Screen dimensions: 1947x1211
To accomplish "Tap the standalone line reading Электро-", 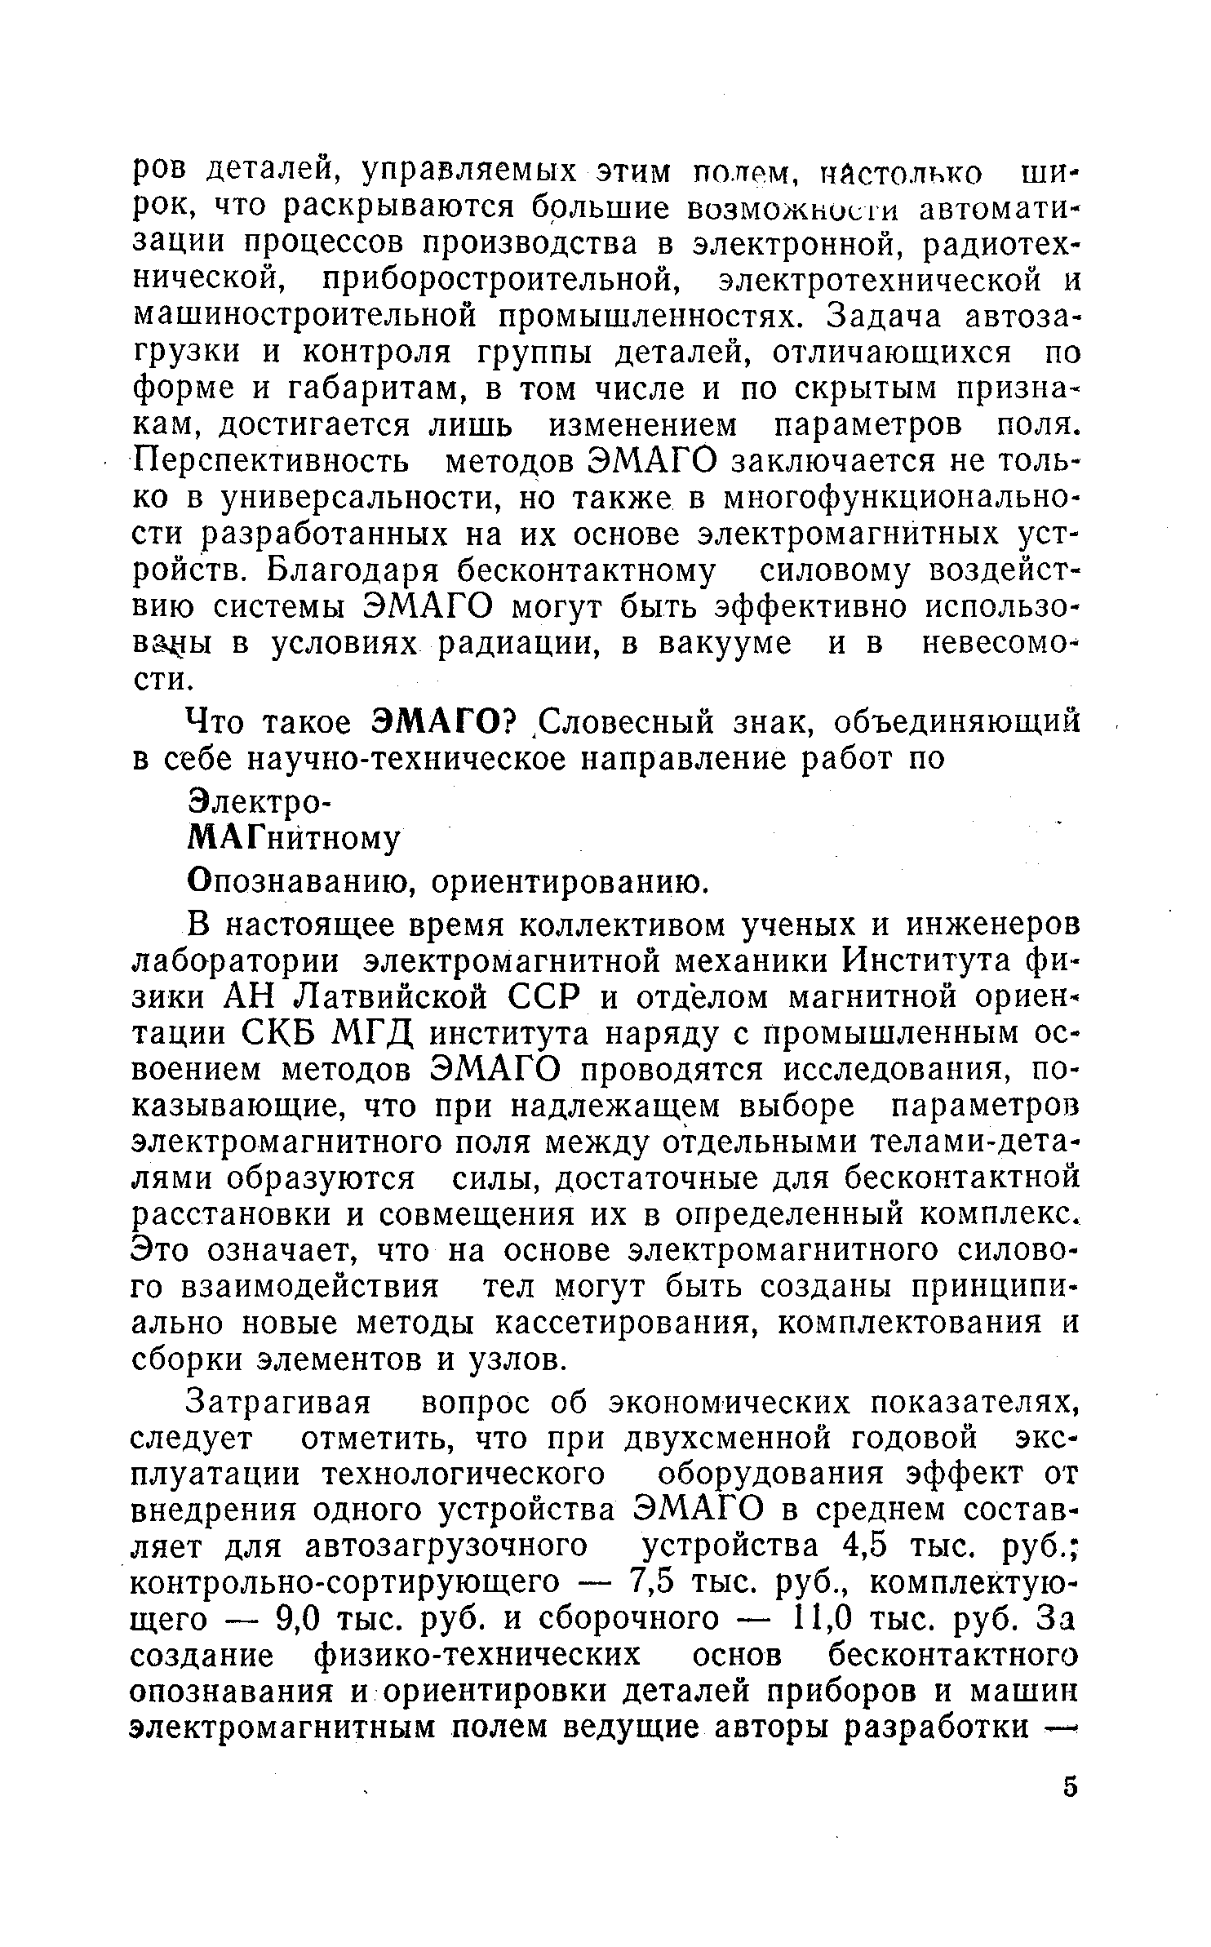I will [256, 801].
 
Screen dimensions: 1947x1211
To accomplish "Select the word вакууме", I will [725, 644].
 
